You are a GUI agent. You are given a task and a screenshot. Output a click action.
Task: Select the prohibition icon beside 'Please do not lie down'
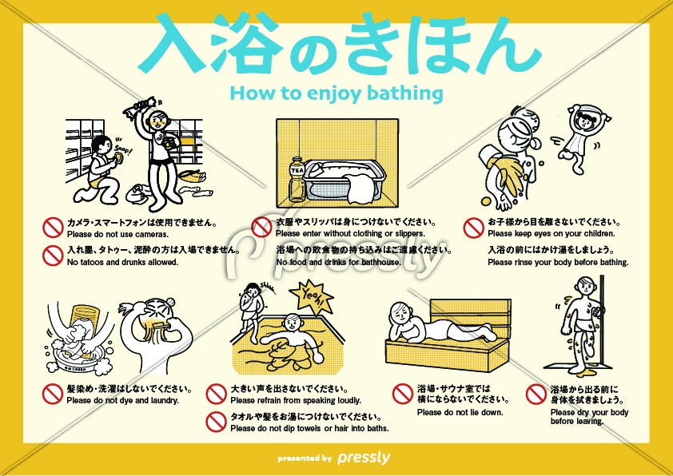[x=403, y=394]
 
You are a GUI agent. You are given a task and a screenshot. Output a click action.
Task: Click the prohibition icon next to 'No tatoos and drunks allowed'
[x=53, y=255]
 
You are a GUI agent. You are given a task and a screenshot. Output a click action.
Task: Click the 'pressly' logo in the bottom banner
[x=364, y=458]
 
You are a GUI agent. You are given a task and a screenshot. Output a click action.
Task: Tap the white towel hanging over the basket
[x=361, y=189]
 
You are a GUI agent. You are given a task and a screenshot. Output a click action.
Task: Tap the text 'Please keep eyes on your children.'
[x=551, y=234]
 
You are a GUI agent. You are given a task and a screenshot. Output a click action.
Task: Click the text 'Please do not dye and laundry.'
[x=123, y=400]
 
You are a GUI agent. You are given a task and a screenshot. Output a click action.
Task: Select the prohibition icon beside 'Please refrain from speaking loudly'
[x=217, y=394]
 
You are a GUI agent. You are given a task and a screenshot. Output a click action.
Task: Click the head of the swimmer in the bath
[x=293, y=323]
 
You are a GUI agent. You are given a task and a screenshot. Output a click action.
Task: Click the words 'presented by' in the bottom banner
[x=305, y=458]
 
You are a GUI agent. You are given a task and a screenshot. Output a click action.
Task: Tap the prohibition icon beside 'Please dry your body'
[x=536, y=394]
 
